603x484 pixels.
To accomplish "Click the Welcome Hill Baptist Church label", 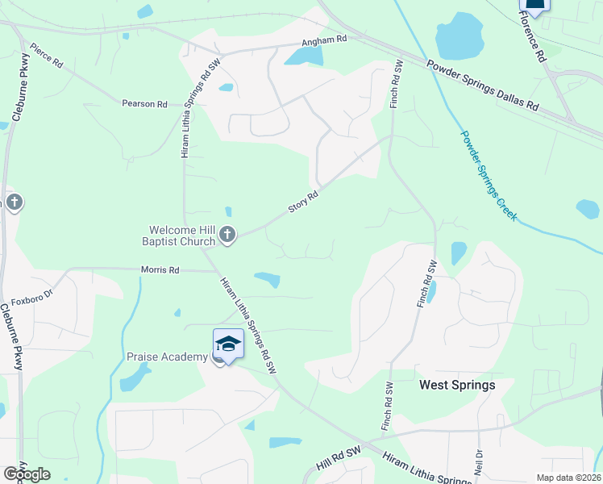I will [x=182, y=235].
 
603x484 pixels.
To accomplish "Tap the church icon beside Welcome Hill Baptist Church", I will [x=227, y=235].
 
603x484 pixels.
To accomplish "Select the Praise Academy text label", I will [x=167, y=357].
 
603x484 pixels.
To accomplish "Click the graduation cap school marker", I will [x=228, y=344].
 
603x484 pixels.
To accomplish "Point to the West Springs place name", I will [x=457, y=386].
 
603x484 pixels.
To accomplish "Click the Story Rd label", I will [x=304, y=202].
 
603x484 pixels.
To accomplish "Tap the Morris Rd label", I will [x=160, y=269].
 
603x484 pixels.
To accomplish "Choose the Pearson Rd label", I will [x=144, y=104].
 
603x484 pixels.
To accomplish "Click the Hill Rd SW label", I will [x=338, y=461].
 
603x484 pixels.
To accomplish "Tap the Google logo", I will [x=27, y=474].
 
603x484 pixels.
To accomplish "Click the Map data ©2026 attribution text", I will [x=568, y=478].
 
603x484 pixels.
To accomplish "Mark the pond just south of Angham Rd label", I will [x=304, y=56].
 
